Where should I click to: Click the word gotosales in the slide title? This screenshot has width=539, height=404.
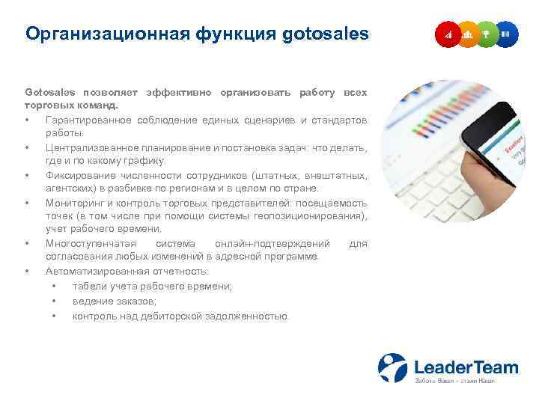pyautogui.click(x=326, y=34)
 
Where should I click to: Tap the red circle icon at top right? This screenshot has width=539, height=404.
pyautogui.click(x=448, y=34)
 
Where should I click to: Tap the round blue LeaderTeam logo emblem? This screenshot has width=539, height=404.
pyautogui.click(x=392, y=368)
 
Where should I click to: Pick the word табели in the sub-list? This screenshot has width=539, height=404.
pyautogui.click(x=88, y=287)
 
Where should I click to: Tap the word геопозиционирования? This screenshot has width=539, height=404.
pyautogui.click(x=310, y=216)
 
